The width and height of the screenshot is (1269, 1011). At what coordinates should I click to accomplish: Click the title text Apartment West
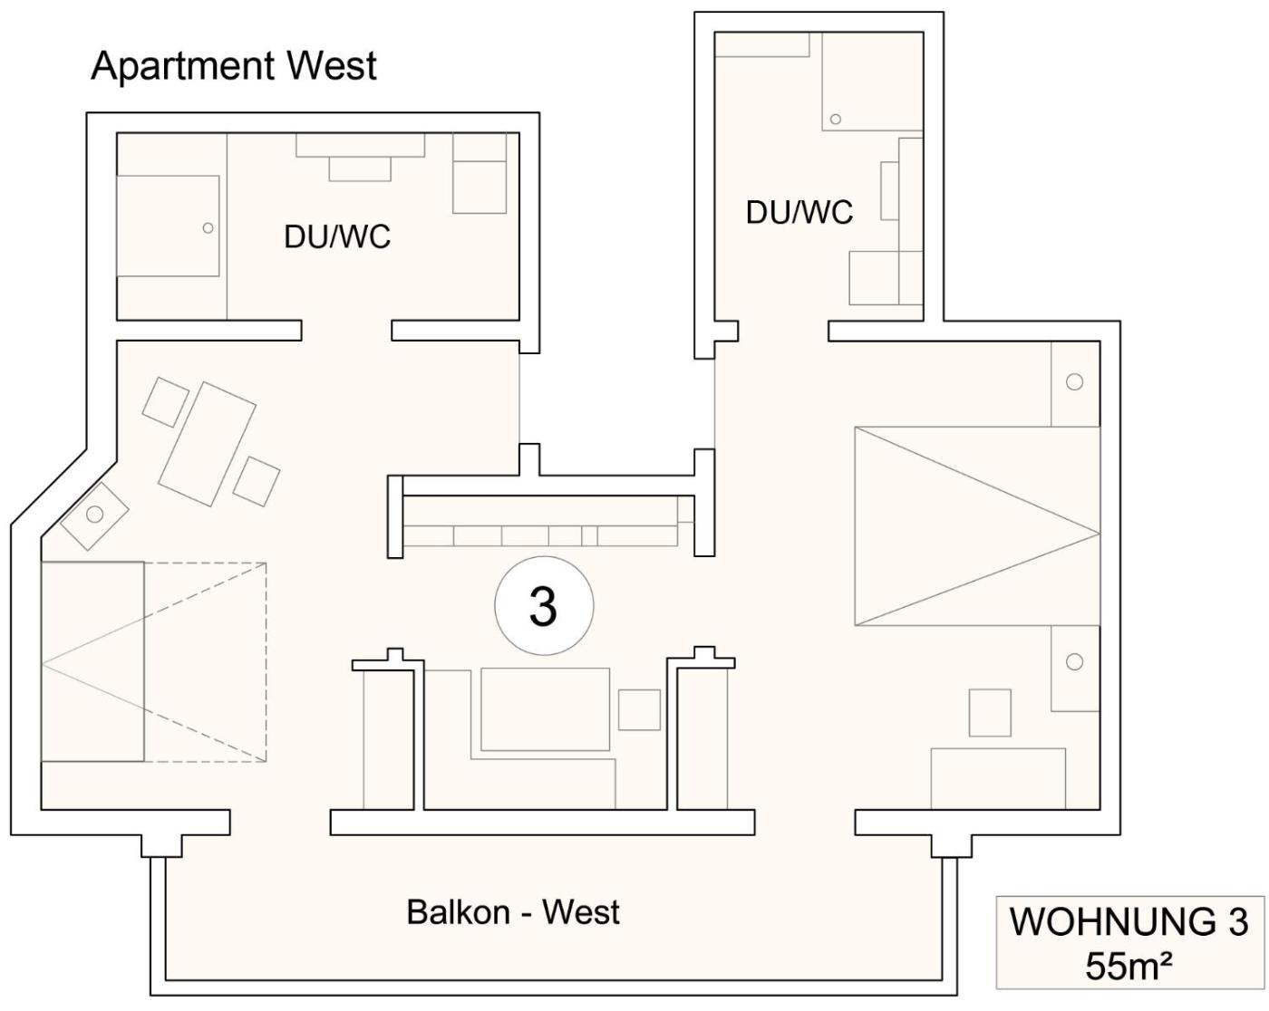(x=234, y=67)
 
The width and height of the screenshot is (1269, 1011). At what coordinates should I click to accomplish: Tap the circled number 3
(x=543, y=606)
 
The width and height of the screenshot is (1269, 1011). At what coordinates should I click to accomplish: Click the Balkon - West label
(x=512, y=911)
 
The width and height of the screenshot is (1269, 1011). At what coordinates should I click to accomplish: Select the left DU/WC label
(x=336, y=236)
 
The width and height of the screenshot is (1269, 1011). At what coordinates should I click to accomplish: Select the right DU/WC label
(x=799, y=212)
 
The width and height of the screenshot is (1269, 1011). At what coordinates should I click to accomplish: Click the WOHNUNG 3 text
(x=1129, y=921)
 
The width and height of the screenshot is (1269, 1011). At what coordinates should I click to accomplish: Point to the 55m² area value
(x=1129, y=966)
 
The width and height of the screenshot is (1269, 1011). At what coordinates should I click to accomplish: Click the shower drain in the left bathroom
(x=208, y=227)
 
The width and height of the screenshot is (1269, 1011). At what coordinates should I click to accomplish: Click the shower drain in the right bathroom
(x=835, y=119)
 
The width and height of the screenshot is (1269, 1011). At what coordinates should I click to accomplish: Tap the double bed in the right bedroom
(x=976, y=526)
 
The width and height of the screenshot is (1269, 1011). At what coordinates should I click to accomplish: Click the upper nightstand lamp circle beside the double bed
(x=1074, y=381)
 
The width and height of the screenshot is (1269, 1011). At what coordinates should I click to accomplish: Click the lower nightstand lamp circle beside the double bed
(x=1074, y=661)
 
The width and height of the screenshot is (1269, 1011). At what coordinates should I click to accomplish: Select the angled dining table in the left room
(x=208, y=443)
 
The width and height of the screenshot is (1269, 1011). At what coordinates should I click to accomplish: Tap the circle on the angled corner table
(x=94, y=515)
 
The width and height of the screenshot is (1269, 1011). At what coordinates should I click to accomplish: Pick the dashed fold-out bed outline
(x=205, y=661)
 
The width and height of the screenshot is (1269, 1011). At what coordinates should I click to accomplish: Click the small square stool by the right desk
(x=990, y=712)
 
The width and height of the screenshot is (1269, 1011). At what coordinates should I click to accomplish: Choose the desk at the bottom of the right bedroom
(x=998, y=778)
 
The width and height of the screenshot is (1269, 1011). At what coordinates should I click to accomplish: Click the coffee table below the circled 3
(x=545, y=708)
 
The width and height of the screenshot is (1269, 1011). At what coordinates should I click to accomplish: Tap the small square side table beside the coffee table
(x=639, y=709)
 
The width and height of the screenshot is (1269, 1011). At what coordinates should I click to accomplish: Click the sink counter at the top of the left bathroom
(x=360, y=147)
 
